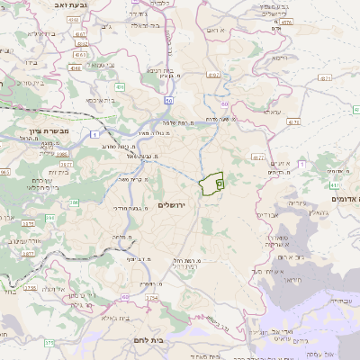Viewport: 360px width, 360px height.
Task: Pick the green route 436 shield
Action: pyautogui.click(x=120, y=87)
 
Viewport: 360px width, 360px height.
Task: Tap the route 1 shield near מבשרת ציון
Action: pyautogui.click(x=94, y=134)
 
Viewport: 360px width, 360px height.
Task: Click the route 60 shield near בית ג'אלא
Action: pyautogui.click(x=125, y=296)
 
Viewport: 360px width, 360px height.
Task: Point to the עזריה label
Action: pyautogui.click(x=287, y=202)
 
